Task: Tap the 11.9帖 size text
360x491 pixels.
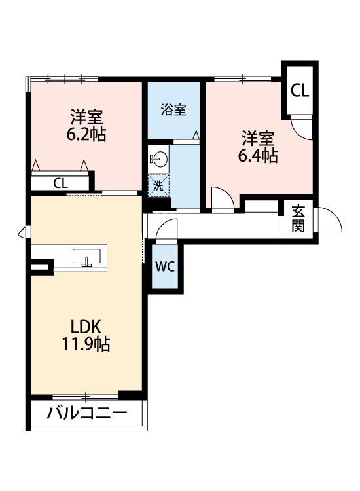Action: point(86,344)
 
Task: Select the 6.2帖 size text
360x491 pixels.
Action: point(87,135)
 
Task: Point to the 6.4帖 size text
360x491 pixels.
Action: point(257,156)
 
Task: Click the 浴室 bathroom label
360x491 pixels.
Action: point(173,109)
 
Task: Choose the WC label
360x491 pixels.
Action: point(164,266)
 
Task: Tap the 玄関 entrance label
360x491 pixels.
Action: point(298,219)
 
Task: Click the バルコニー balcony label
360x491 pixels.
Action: point(86,414)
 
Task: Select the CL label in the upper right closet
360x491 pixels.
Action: point(300,91)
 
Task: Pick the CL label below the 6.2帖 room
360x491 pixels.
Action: point(60,183)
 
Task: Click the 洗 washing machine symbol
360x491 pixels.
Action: point(158,185)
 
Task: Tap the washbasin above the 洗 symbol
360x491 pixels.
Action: point(158,158)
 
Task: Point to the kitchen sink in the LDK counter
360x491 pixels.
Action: point(85,257)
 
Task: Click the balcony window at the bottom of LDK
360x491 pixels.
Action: point(85,397)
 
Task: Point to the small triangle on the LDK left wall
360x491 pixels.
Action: point(22,231)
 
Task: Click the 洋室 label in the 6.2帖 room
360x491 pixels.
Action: point(87,118)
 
